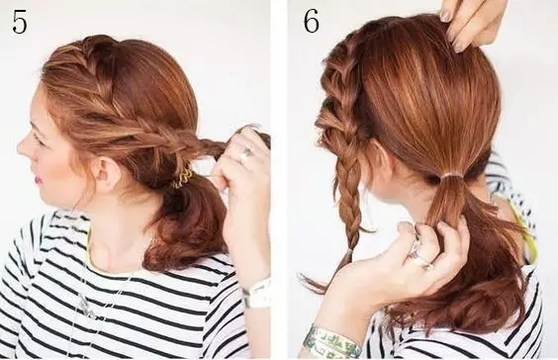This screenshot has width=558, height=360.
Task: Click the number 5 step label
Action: (x=20, y=23)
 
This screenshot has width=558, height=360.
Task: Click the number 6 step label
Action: (x=311, y=22)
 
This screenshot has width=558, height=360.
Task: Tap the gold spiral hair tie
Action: (x=182, y=177)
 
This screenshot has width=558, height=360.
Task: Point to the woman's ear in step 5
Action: (x=102, y=175)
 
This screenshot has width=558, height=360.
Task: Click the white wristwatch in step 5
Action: (x=256, y=294)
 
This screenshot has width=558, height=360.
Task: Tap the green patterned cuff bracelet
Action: (x=331, y=341)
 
